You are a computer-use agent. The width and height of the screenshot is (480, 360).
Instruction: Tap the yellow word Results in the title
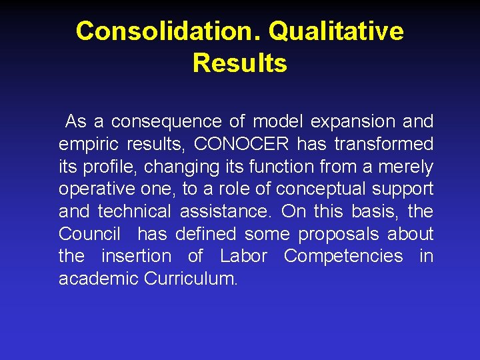coord(240,63)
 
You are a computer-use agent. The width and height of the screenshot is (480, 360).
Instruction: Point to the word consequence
coord(166,122)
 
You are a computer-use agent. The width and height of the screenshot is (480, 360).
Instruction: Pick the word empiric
coord(82,145)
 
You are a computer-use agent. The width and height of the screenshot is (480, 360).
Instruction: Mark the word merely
coord(409,167)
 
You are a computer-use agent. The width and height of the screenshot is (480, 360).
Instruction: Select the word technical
coord(135,212)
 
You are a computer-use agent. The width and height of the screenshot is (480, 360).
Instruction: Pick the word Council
coord(89,234)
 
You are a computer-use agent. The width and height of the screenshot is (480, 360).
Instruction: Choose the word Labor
coord(243,257)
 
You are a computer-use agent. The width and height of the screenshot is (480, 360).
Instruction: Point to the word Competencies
coord(343,257)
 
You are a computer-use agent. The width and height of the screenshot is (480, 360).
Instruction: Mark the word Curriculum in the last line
coord(191,279)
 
